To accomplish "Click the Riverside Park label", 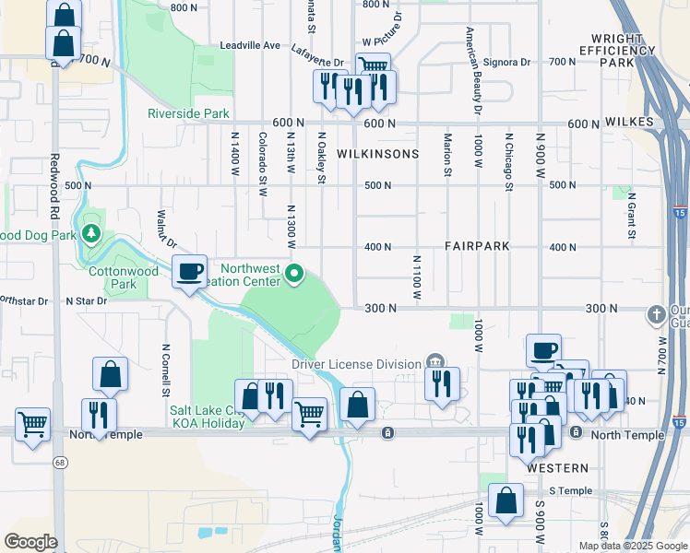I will click(x=188, y=114).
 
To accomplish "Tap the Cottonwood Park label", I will click(x=125, y=278).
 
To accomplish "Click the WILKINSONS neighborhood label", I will click(x=377, y=154).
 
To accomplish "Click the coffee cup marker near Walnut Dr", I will click(x=190, y=272).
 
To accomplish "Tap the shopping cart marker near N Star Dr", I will click(x=33, y=424).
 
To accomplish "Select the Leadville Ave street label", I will click(x=250, y=45).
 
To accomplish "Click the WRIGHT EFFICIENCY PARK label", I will click(x=618, y=50).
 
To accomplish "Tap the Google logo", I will click(x=30, y=542).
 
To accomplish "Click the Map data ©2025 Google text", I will click(x=632, y=546).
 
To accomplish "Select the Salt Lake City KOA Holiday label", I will click(x=208, y=417).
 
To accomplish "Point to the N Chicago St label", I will click(x=508, y=162).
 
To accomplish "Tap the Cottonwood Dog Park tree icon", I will click(x=91, y=231).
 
